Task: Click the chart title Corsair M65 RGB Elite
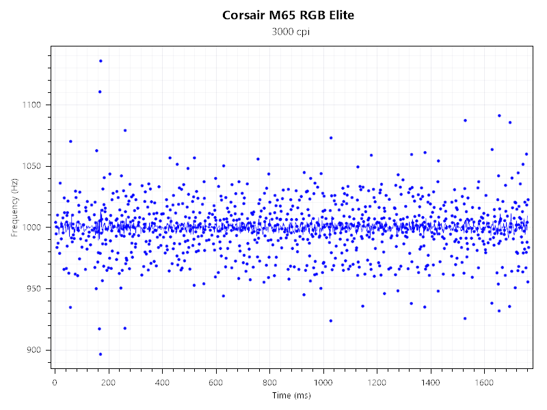[289, 15]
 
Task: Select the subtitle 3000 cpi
[289, 31]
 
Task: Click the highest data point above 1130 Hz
[101, 61]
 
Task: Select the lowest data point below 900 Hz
[101, 354]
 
